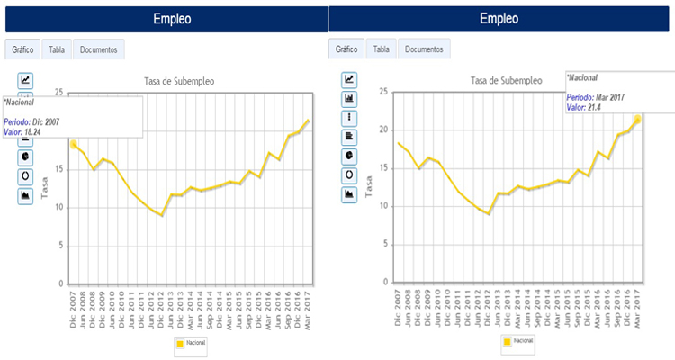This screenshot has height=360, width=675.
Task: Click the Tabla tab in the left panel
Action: (x=56, y=49)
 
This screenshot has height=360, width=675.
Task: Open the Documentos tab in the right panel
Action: (x=423, y=49)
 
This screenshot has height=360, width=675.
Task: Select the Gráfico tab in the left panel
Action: (x=22, y=49)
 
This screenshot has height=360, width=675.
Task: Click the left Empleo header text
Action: (x=171, y=19)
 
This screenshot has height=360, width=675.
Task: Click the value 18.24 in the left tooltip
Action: (x=32, y=132)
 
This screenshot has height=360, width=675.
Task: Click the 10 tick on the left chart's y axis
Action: (x=58, y=208)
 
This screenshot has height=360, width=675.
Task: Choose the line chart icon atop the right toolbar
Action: (x=350, y=79)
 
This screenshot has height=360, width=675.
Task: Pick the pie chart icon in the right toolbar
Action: (x=350, y=155)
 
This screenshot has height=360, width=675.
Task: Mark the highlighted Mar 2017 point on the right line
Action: (x=637, y=119)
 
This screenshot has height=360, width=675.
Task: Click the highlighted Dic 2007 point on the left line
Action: (x=73, y=144)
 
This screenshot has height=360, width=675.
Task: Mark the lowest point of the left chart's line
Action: (x=161, y=215)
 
